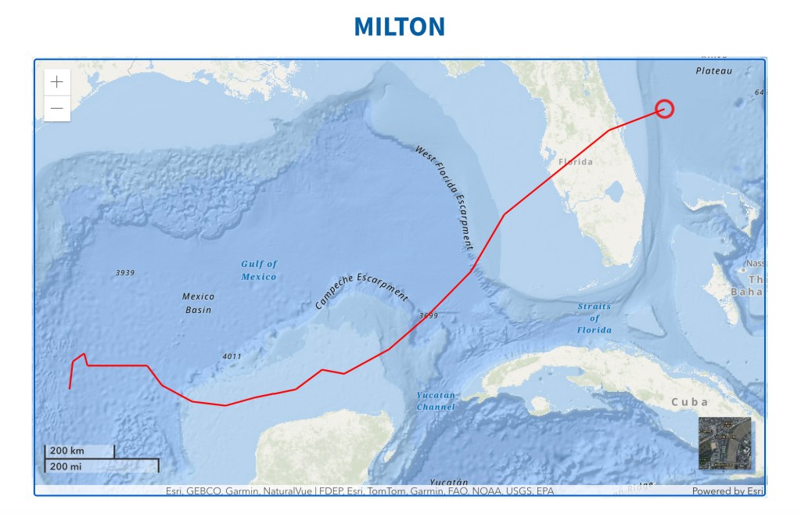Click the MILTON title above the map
point(399,27)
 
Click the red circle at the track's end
point(664,109)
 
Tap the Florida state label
point(576,162)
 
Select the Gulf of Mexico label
point(259,270)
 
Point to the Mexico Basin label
point(198,303)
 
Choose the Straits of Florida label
point(594,318)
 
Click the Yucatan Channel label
point(436,401)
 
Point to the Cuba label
point(690,402)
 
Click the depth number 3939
point(125,273)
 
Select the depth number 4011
point(232,357)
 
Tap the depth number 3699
point(429,316)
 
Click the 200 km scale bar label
point(67,451)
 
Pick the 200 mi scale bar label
point(66,466)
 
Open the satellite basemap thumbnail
point(724,443)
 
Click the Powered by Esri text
point(727,491)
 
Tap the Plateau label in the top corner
point(713,70)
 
